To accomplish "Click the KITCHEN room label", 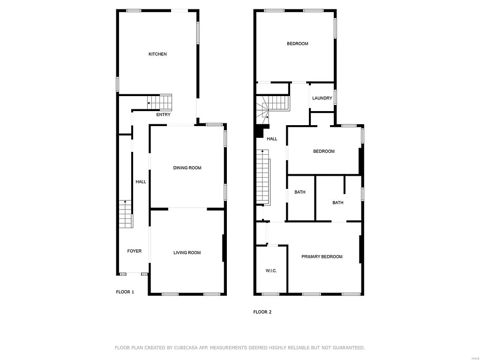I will point(157,54).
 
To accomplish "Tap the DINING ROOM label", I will point(187,168).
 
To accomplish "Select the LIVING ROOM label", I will point(187,253).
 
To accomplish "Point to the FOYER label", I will point(135,251).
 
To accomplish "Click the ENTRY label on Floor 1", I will point(163,115).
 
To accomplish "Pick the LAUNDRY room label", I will point(322,98).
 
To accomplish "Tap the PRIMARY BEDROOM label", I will point(322,256).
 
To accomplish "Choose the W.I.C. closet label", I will point(271,270).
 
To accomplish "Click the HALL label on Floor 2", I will point(272,139).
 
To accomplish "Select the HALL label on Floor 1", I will point(141,182).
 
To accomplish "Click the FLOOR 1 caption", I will point(125,292).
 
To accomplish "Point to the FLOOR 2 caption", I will point(262,312).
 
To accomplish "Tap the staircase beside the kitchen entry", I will point(160,101).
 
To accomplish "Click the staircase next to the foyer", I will point(126,214).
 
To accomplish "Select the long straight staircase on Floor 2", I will point(263,177).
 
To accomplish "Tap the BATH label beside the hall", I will point(300,192).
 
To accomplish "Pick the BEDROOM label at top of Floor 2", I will point(297,44).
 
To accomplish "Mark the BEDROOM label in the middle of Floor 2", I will point(324,151).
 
